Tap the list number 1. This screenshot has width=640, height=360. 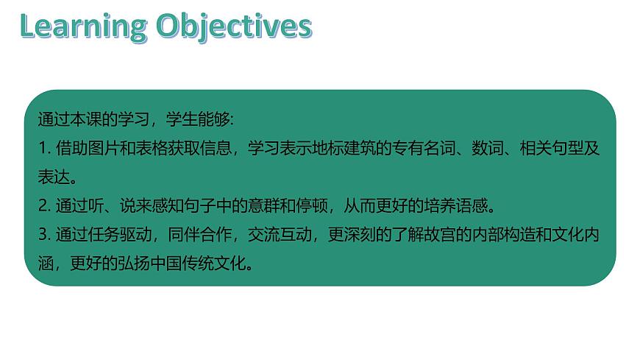(40, 148)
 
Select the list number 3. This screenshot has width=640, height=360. (41, 235)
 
